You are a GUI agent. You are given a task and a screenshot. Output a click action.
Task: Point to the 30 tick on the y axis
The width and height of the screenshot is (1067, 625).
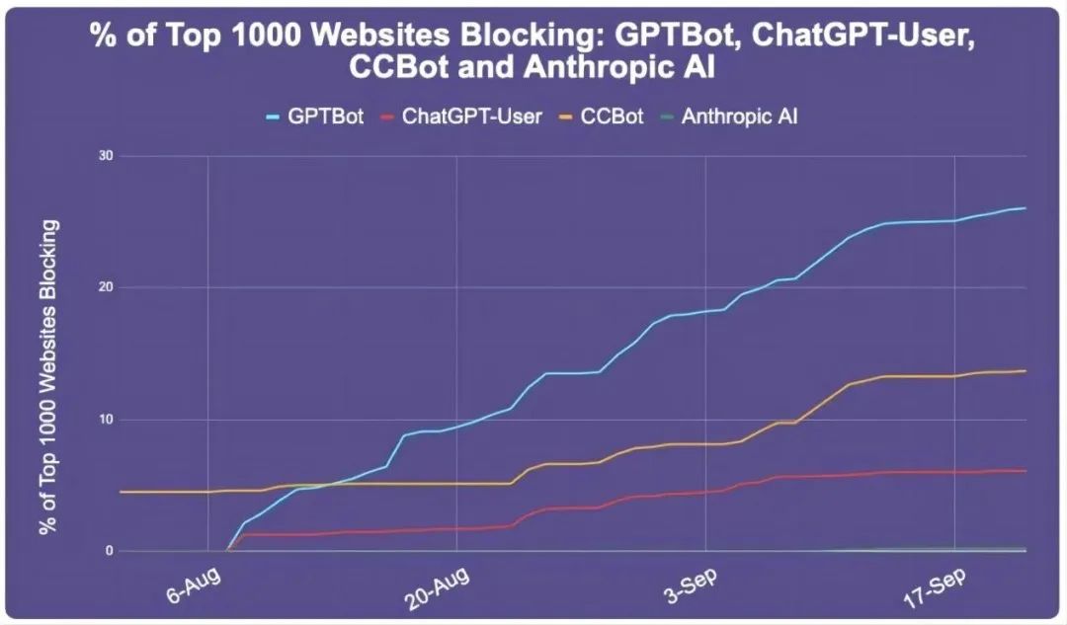point(106,156)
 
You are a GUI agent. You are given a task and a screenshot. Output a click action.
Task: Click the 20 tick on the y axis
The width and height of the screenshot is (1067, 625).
point(106,287)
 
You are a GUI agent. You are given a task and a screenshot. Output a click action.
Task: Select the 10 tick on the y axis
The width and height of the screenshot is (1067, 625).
point(106,420)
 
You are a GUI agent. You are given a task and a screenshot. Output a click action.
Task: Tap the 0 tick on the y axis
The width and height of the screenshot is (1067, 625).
point(110,551)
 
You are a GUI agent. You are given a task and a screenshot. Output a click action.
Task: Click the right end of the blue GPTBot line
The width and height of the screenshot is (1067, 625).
point(1026,207)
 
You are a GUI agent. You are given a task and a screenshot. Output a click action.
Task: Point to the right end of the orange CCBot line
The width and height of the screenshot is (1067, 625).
point(1026,370)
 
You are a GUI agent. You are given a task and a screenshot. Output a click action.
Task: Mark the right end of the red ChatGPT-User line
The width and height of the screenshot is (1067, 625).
point(1026,470)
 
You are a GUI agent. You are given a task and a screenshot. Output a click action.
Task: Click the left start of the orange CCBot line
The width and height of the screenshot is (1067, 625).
point(120,491)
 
